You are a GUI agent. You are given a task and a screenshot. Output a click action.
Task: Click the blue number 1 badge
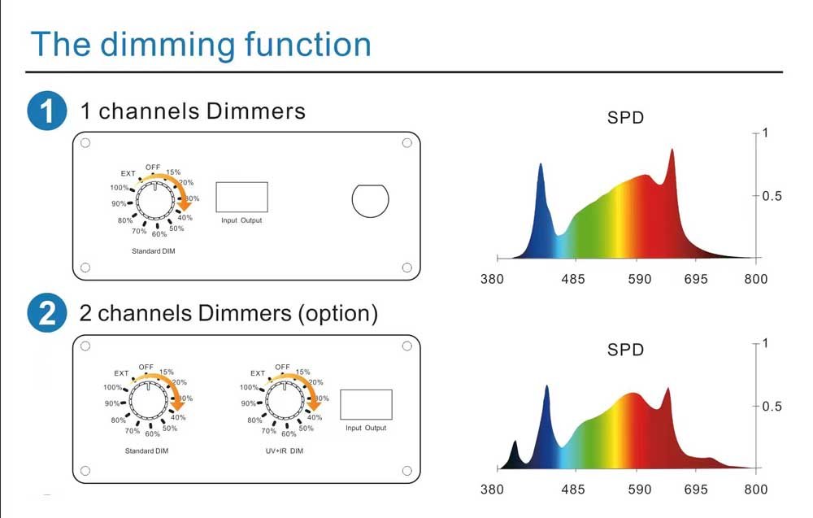46,111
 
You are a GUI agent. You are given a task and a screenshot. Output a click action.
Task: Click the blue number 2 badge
46,312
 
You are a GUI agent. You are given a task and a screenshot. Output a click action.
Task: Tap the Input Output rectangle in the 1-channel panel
241,197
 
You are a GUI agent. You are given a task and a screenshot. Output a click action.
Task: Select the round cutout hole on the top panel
370,201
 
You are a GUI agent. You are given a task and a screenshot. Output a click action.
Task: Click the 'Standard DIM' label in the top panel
154,251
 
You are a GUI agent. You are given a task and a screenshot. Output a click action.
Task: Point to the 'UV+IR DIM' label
284,451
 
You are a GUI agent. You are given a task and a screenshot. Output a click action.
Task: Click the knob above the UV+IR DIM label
285,400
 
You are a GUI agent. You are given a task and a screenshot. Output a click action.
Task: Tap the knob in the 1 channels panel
155,201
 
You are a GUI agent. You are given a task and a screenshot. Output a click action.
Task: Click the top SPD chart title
625,118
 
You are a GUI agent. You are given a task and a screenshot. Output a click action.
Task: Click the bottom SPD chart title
625,350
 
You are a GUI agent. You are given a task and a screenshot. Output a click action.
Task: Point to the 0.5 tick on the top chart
772,196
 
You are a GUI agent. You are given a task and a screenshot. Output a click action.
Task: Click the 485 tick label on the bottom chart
572,489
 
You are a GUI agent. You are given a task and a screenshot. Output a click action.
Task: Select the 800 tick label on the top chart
755,279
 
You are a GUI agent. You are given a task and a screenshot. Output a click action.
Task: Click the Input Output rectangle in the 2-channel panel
366,404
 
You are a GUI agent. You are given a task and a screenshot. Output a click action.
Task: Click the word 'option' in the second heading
338,314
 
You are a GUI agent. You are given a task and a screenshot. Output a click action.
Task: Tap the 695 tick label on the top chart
696,279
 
